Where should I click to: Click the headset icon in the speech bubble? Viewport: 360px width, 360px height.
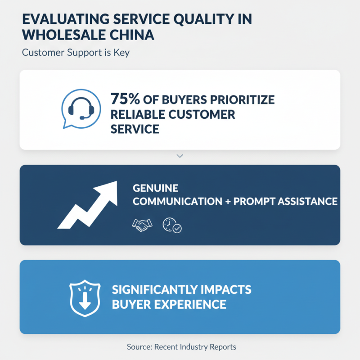[81, 108]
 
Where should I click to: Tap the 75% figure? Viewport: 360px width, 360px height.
[125, 99]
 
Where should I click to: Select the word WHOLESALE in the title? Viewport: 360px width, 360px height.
[63, 35]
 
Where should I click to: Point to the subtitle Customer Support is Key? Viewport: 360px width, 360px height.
[76, 53]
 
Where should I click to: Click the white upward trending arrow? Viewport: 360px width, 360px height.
[87, 205]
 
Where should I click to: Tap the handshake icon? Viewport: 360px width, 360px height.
[142, 225]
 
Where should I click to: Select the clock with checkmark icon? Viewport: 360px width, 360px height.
[172, 225]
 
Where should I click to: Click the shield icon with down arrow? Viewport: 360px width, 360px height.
[85, 298]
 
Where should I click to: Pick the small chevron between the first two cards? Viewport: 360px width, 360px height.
[180, 156]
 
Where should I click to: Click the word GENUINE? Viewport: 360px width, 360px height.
[155, 188]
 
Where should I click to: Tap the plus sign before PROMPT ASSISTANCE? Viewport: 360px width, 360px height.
[228, 202]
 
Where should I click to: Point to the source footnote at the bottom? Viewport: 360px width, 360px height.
[181, 346]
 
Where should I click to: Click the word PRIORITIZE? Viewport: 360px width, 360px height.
[242, 99]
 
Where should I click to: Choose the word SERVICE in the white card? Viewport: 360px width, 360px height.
[135, 129]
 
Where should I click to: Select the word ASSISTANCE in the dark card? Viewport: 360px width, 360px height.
[308, 201]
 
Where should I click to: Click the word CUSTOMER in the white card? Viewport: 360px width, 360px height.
[202, 114]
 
